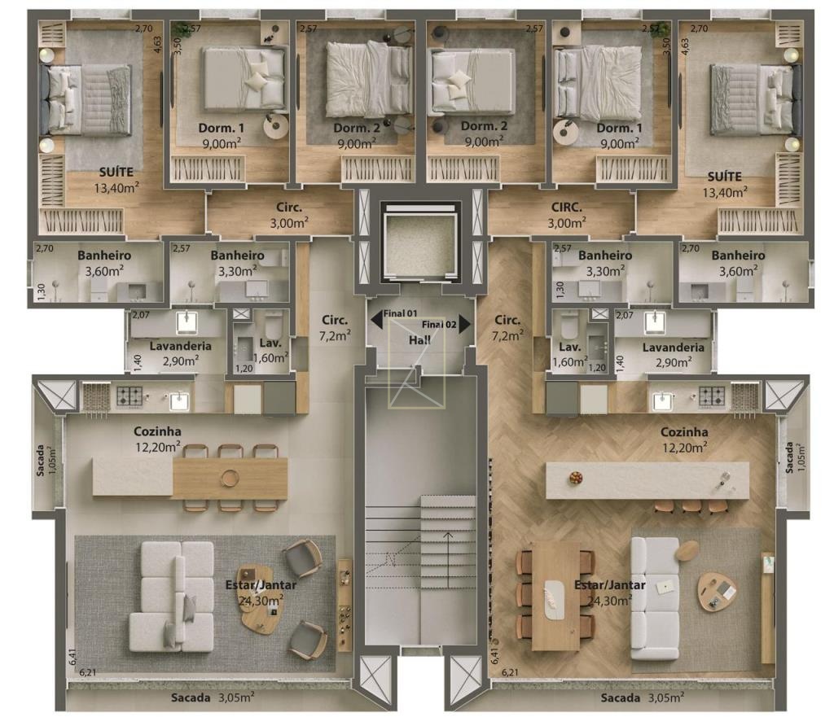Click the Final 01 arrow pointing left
(x=376, y=319)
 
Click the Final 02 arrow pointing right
(x=465, y=324)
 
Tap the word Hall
(x=419, y=340)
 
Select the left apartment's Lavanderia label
(x=180, y=346)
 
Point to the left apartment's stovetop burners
(x=129, y=396)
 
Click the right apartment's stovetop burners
(x=712, y=396)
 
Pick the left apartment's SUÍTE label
(x=116, y=173)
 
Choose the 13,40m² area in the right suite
(x=725, y=192)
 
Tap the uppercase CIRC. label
(x=567, y=208)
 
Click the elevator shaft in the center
(x=420, y=242)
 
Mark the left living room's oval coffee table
(x=260, y=600)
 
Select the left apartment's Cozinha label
(x=157, y=431)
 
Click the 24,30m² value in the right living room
(x=609, y=601)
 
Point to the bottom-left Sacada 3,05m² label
(x=213, y=698)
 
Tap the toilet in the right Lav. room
(x=568, y=326)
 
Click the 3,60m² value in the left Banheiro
(x=104, y=271)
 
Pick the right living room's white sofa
(x=655, y=598)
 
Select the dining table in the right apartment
(x=555, y=597)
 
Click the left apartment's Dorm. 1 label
(x=222, y=128)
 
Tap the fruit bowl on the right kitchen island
(x=575, y=477)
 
